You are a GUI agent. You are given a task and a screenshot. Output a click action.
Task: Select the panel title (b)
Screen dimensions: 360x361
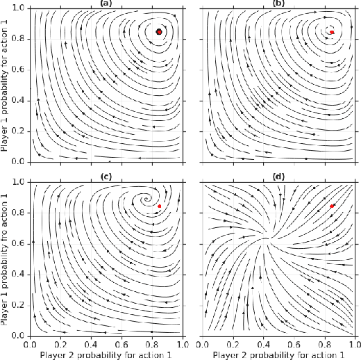pos(280,3)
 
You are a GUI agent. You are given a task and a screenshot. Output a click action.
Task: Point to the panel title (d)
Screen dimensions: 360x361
pos(280,176)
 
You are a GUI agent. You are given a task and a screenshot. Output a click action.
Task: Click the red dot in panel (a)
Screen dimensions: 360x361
pos(159,32)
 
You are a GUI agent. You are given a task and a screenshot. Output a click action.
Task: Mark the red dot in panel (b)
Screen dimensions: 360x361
pos(333,32)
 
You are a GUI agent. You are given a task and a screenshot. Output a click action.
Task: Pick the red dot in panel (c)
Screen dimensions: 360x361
pos(160,206)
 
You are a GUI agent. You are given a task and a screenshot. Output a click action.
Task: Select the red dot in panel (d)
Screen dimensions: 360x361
pos(333,206)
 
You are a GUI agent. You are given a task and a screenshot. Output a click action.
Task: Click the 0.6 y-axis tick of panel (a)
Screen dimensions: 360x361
pos(20,69)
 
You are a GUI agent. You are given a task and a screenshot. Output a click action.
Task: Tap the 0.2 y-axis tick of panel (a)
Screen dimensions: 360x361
pos(20,131)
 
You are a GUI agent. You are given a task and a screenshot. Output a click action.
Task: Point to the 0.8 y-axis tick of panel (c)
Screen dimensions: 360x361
pos(20,213)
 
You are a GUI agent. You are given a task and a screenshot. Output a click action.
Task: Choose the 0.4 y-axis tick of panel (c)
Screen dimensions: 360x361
pos(20,275)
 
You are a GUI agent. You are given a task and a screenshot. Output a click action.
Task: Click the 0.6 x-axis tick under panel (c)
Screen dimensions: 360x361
pos(122,343)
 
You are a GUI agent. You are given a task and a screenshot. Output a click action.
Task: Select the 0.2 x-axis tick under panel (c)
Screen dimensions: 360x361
pos(60,343)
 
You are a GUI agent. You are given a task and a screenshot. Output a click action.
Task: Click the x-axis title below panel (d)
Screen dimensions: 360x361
pos(280,354)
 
